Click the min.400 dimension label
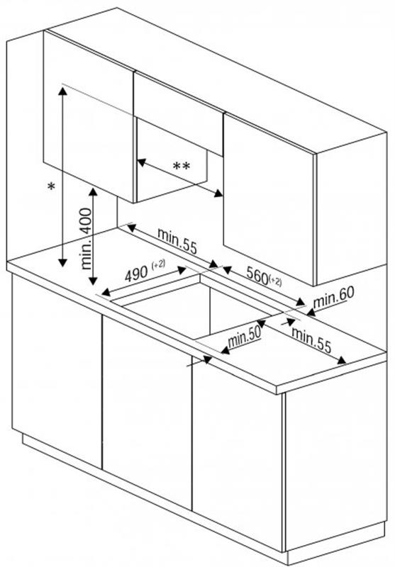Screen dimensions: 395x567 click(x=86, y=239)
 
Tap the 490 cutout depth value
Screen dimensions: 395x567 click(x=136, y=274)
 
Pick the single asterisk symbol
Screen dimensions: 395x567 click(x=51, y=186)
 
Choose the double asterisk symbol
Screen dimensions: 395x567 click(x=182, y=167)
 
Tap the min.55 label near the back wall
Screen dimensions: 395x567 click(x=177, y=241)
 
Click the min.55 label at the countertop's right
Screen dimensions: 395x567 click(x=311, y=339)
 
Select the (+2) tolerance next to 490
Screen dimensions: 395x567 click(x=158, y=264)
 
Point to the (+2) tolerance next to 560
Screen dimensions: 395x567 click(x=275, y=281)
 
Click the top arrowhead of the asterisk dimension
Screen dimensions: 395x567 click(x=62, y=91)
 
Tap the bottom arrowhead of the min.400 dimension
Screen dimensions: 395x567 click(x=93, y=280)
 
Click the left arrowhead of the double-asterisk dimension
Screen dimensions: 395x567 click(x=141, y=162)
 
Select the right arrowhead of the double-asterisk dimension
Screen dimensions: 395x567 click(x=218, y=193)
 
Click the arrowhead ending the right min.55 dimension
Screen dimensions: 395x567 click(x=342, y=360)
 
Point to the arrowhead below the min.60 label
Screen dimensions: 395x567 click(x=311, y=311)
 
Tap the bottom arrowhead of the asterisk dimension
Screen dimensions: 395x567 click(x=62, y=262)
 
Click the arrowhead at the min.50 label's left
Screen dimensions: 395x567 click(x=225, y=350)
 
